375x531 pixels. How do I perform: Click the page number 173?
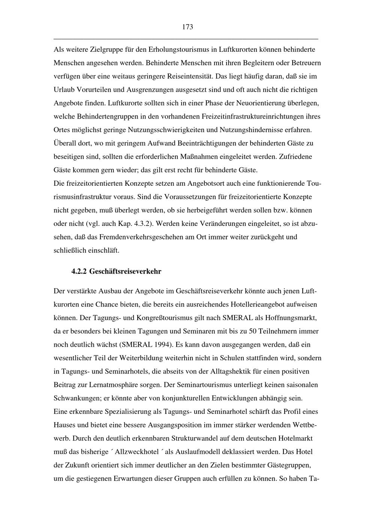point(187,27)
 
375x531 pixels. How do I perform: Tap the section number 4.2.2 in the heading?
point(79,271)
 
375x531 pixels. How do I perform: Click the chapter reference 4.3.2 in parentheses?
point(142,224)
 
